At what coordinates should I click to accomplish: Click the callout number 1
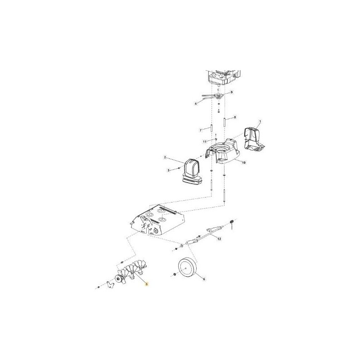pos(259,122)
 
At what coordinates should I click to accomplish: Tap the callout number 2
pos(165,157)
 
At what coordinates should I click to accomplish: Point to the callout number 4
pos(196,104)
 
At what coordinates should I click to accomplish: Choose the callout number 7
pos(201,130)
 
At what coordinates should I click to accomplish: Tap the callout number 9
pos(232,92)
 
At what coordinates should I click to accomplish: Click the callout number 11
pos(204,142)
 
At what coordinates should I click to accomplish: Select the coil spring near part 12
pos(232,222)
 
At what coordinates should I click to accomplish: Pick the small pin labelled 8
pos(224,121)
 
